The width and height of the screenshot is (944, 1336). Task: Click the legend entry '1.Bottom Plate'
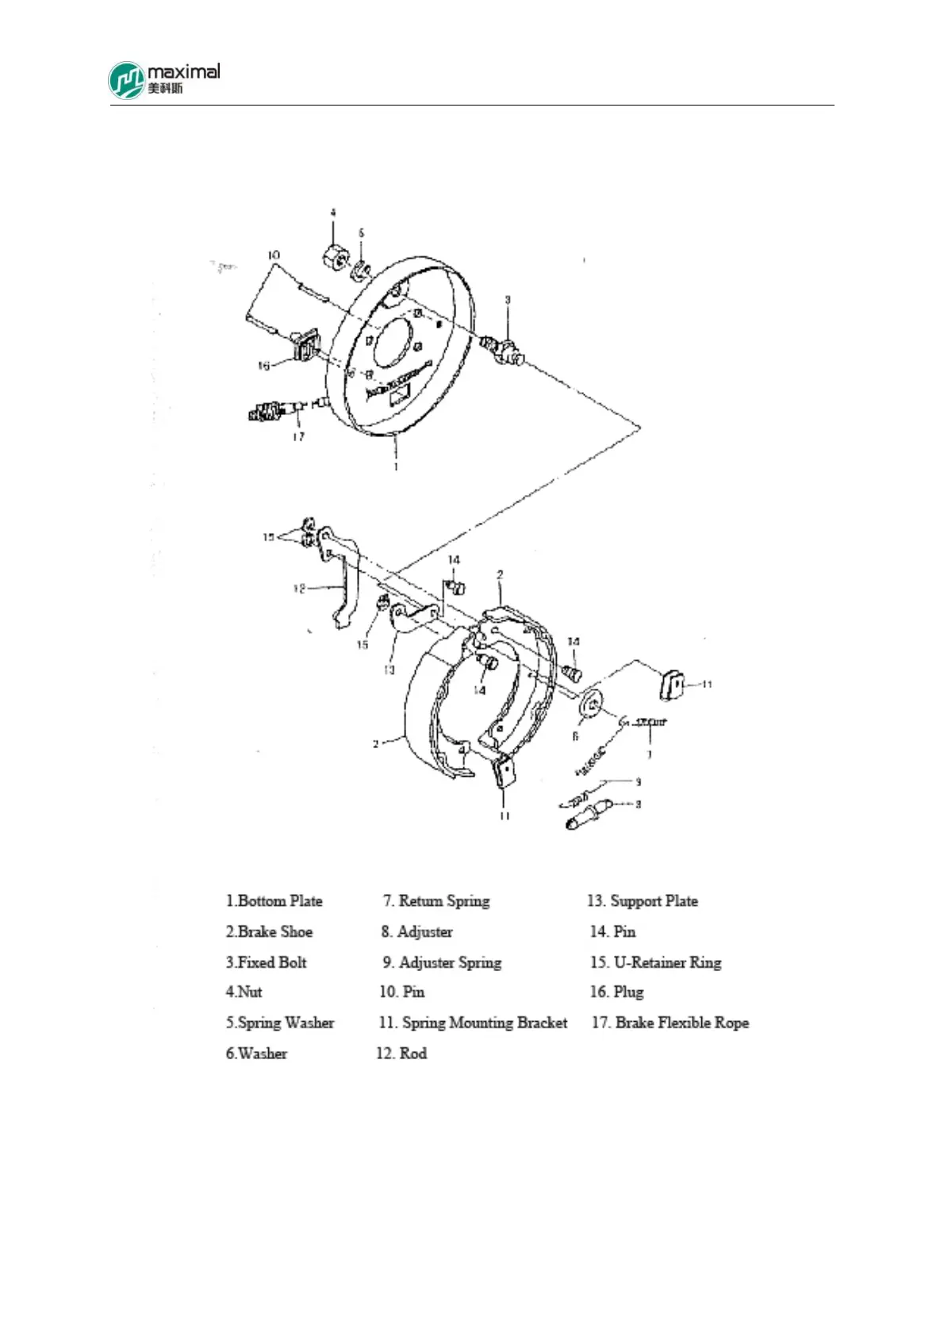point(274,901)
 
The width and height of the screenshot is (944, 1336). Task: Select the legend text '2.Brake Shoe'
point(269,931)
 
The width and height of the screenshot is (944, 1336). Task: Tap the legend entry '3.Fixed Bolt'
point(266,962)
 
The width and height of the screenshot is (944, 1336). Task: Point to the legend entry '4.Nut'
point(244,992)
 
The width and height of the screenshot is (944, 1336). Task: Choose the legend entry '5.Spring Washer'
point(279,1023)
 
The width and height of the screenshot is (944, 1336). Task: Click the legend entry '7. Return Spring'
point(436,901)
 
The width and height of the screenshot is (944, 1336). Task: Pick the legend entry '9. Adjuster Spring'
point(442,962)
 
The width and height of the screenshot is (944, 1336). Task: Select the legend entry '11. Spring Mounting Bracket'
point(473,1023)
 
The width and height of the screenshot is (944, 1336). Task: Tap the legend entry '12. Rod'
point(401,1054)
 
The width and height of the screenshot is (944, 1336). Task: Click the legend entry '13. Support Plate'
point(643,901)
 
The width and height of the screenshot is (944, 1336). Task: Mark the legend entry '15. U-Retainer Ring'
point(656,962)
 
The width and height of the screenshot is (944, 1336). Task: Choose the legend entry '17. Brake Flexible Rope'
point(670,1023)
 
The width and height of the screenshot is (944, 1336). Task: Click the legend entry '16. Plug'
point(617,992)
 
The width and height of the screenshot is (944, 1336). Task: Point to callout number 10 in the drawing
point(274,255)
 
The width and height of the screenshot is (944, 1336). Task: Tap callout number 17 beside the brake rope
point(298,436)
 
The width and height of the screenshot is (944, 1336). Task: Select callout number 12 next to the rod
point(299,589)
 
